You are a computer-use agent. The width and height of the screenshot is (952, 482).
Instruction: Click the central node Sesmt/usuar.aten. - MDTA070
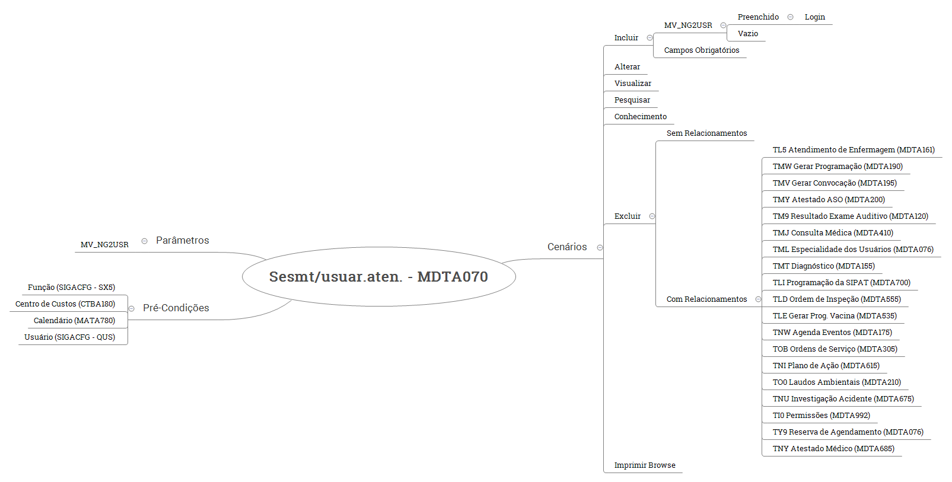point(378,277)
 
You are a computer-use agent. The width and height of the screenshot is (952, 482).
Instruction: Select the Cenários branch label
point(567,247)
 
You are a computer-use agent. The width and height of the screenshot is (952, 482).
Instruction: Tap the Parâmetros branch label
point(182,240)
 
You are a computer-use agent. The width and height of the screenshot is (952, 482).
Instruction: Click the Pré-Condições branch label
point(176,308)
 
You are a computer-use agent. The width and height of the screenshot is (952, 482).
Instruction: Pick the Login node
point(814,17)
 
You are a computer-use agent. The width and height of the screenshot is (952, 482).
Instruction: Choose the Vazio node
point(747,34)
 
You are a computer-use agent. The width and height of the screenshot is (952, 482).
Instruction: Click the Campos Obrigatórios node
point(701,50)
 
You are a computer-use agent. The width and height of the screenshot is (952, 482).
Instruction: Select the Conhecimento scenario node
point(640,117)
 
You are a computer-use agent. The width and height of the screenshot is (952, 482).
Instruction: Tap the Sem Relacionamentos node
point(706,133)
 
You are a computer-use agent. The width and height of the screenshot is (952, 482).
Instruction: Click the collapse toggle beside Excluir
point(652,216)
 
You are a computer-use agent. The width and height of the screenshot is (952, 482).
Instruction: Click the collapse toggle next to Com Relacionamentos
point(758,299)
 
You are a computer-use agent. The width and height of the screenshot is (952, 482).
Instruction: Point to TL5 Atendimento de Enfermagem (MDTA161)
point(853,150)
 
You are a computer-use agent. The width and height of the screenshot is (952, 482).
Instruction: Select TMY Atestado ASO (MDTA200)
point(828,200)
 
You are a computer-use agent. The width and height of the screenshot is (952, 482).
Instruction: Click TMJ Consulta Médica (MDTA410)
point(832,233)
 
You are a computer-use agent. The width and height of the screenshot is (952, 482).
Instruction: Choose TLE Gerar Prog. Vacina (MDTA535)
point(834,316)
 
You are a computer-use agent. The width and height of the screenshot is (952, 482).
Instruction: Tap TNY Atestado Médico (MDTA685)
point(833,449)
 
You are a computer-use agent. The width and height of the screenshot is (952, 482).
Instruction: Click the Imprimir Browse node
point(644,465)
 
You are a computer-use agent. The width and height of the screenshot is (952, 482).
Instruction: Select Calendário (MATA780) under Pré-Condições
point(74,321)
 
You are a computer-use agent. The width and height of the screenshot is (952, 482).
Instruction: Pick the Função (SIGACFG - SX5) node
point(71,288)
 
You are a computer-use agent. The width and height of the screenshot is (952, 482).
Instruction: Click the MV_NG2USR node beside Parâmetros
point(104,245)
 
